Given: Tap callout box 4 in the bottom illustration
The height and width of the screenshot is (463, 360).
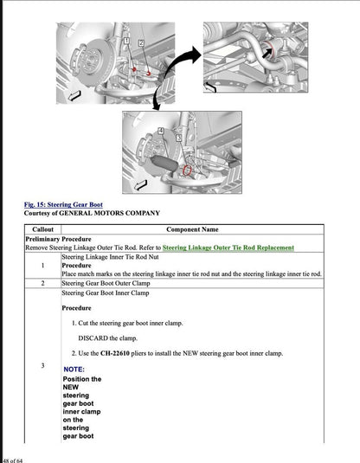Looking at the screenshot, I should click(x=160, y=130).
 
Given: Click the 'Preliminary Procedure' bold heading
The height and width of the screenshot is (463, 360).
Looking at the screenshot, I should click(x=58, y=239).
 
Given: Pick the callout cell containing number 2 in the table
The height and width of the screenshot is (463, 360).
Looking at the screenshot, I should click(x=42, y=283).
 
